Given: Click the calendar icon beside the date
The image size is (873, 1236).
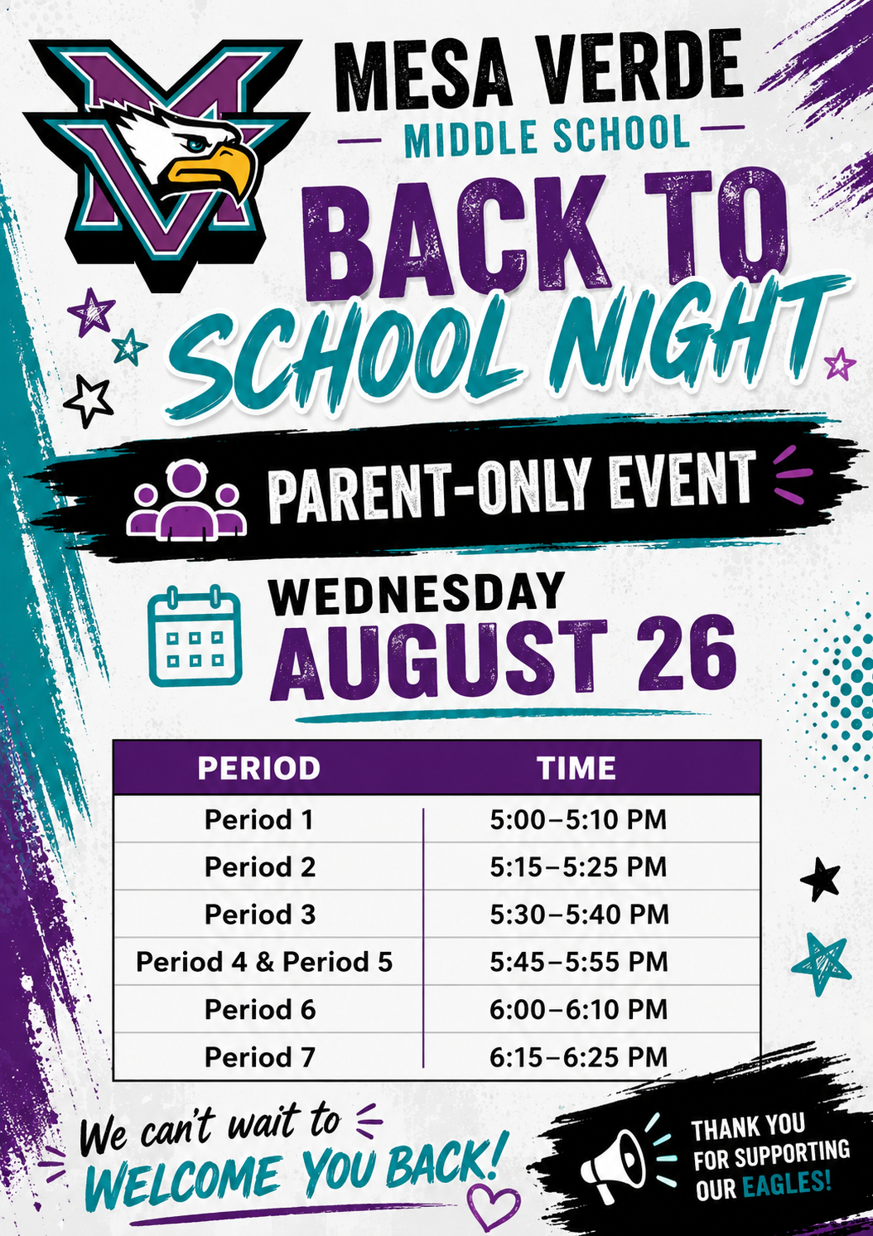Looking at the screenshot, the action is [x=195, y=635].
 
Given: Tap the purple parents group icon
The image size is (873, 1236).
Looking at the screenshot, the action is [x=186, y=500].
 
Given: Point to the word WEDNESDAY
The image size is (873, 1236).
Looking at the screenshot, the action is [x=416, y=594].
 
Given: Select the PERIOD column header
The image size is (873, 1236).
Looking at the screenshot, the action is [x=258, y=768].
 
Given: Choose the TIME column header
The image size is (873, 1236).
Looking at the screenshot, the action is [x=577, y=768].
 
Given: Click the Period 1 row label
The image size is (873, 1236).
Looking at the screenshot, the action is [x=258, y=819].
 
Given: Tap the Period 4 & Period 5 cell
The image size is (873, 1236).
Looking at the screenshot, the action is [x=264, y=962].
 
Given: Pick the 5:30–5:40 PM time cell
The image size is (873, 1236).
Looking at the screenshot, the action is [x=579, y=915].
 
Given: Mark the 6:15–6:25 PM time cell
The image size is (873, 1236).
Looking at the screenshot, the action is [x=578, y=1057].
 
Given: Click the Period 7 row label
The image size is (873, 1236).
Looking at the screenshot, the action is [x=259, y=1057].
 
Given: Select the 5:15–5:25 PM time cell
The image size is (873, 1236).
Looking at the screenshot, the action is [x=578, y=867].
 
